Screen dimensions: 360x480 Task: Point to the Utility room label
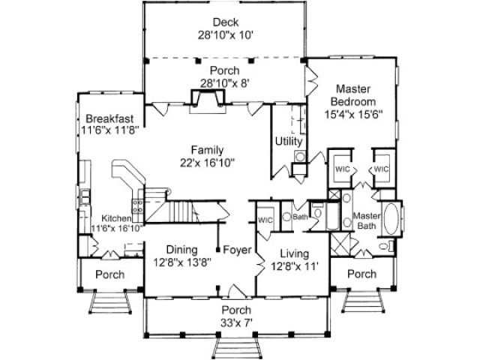pos(289,141)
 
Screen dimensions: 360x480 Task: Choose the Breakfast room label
pos(109,118)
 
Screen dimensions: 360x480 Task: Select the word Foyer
pos(237,250)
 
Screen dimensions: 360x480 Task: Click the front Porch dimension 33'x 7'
pos(235,322)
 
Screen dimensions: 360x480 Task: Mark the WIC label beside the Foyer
pos(264,220)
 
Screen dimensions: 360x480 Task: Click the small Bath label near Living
pos(300,217)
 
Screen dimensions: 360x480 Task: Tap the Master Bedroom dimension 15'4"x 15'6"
pos(354,115)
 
